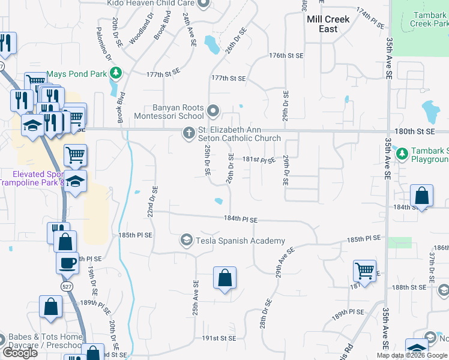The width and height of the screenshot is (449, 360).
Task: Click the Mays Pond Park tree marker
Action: click(x=116, y=74)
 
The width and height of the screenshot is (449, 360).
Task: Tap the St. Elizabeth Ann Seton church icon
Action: click(x=188, y=133)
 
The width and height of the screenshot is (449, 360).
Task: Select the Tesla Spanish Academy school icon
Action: click(x=186, y=241)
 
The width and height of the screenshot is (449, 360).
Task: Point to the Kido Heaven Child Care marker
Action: click(x=203, y=4)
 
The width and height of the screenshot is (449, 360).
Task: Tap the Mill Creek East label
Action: click(x=328, y=24)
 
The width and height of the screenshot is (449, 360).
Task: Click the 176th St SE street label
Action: click(x=286, y=55)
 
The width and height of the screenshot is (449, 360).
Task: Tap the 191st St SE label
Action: click(x=219, y=338)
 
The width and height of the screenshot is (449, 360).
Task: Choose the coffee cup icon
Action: click(x=67, y=262)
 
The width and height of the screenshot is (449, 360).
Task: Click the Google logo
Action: click(x=20, y=353)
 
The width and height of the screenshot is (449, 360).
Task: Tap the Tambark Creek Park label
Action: click(x=429, y=19)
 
